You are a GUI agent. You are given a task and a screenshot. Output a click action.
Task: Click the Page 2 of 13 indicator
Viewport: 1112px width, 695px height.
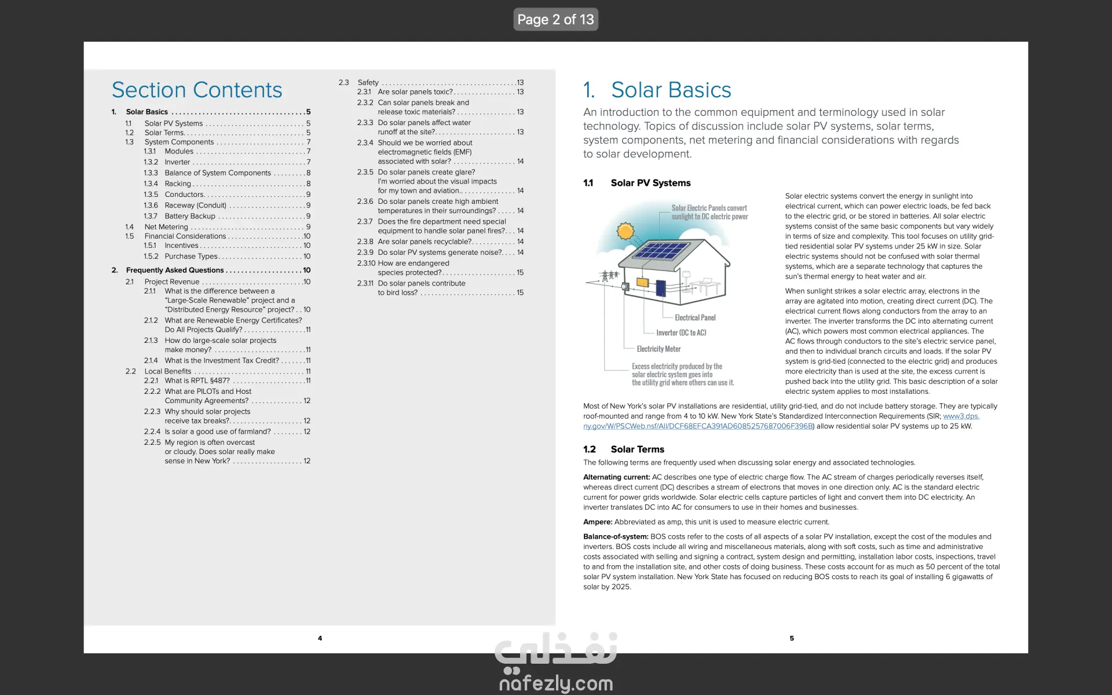[555, 20]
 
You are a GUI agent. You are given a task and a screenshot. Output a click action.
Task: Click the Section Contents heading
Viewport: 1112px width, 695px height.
[197, 90]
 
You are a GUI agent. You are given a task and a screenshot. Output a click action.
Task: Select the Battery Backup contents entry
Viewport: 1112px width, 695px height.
[190, 216]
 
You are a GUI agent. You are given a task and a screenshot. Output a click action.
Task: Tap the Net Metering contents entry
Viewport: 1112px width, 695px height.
[166, 227]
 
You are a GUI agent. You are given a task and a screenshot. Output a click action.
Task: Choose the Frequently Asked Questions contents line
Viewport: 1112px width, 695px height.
[175, 270]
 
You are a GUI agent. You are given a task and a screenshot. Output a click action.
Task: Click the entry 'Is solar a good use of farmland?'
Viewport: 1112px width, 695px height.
[218, 431]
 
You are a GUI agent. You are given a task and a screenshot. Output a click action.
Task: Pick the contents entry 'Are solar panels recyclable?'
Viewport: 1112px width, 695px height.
[425, 242]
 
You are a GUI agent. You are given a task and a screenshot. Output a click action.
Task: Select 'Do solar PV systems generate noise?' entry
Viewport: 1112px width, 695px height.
[440, 253]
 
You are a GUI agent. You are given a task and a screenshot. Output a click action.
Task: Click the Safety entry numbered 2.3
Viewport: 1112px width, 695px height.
[368, 82]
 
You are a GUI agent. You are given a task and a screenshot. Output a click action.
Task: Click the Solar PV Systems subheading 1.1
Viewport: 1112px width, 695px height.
[650, 183]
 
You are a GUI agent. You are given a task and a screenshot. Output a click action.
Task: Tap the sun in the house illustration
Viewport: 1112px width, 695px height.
[625, 231]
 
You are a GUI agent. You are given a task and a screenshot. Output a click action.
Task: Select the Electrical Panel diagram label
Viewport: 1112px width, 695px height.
[695, 317]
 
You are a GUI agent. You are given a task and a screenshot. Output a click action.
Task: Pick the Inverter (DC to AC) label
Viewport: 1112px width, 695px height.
[681, 332]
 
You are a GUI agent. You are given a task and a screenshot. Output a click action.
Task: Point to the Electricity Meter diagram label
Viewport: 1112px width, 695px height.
[659, 349]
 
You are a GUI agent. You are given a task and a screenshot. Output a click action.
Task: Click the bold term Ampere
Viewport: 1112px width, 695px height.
[597, 522]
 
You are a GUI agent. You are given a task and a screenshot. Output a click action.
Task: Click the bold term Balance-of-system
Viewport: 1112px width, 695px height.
[616, 537]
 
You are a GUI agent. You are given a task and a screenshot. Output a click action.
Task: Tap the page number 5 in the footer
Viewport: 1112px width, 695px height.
[792, 638]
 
